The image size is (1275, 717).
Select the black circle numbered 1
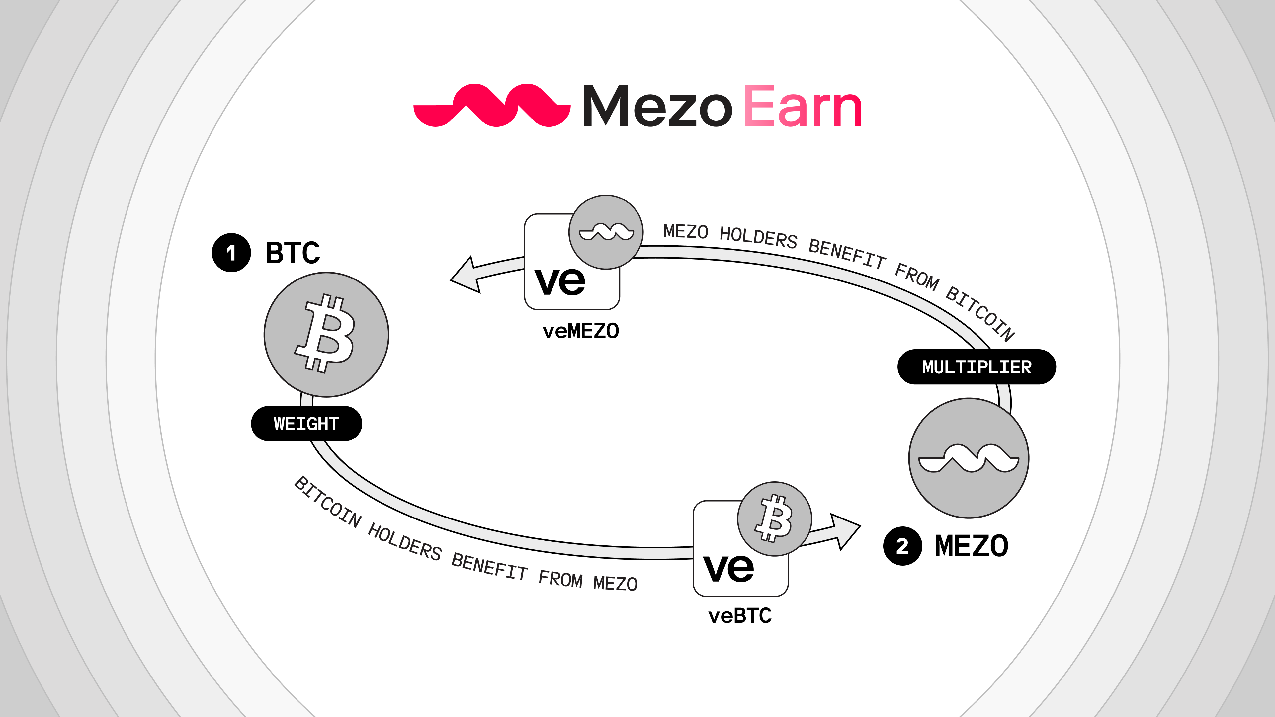tap(231, 253)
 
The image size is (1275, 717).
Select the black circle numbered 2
tap(902, 546)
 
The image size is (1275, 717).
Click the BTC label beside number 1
tap(293, 253)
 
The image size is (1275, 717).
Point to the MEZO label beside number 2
tap(971, 546)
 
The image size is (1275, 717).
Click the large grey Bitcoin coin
tap(326, 335)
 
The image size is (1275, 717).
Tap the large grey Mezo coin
tap(969, 458)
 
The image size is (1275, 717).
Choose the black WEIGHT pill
tap(306, 424)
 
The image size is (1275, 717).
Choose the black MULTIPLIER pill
tap(977, 367)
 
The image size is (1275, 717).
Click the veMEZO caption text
tap(581, 331)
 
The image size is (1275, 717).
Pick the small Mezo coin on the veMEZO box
tap(606, 232)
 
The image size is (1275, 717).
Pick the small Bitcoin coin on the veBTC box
tap(774, 518)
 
